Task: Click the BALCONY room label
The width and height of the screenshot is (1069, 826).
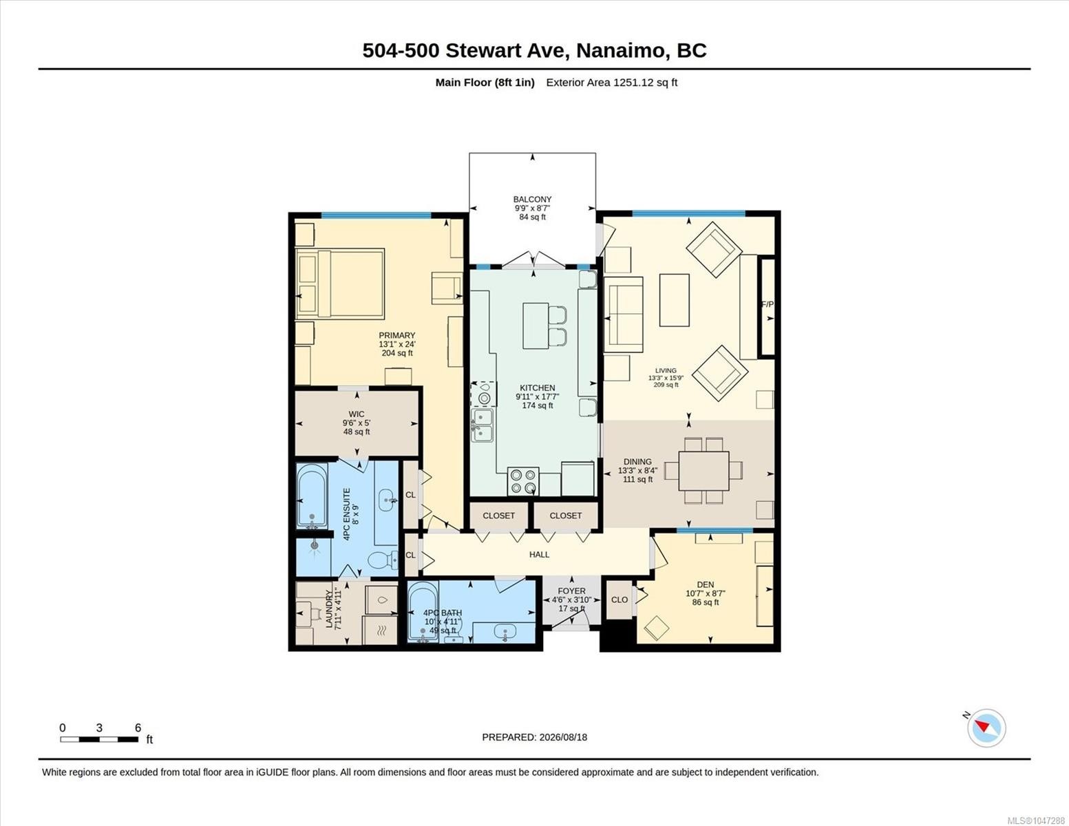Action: point(532,199)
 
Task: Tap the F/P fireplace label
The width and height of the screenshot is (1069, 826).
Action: point(768,304)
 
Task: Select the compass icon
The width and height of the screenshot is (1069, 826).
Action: point(986,728)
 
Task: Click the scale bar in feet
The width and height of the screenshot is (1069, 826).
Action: point(99,739)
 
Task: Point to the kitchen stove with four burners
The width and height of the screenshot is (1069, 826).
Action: point(523,482)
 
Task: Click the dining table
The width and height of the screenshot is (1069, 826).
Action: point(703,471)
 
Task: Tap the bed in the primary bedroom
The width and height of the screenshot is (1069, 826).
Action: point(340,284)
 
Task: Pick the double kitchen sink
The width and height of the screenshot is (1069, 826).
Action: point(482,425)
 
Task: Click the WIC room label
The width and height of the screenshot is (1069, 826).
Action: point(357,414)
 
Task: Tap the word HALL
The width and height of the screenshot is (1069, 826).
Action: point(539,554)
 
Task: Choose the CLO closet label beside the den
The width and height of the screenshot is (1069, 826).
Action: point(620,600)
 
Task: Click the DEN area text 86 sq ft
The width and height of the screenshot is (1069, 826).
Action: point(706,602)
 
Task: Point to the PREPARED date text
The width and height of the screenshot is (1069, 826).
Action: point(534,737)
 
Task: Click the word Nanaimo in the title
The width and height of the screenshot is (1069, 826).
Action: point(620,51)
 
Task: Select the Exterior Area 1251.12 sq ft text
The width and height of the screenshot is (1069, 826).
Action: point(611,82)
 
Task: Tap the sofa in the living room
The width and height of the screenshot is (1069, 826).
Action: point(623,315)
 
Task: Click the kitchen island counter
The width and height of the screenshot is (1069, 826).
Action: point(536,326)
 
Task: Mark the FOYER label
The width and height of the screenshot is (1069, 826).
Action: point(571,591)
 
